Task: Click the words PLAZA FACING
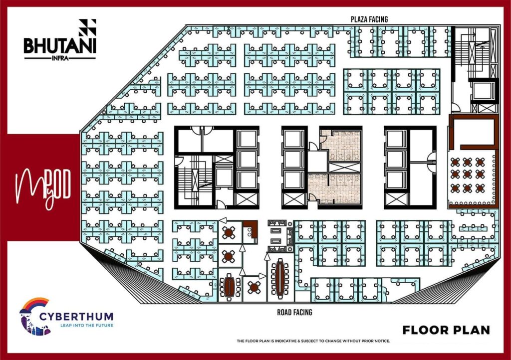(369, 19)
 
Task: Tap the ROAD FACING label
(294, 313)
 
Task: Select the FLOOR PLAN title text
(446, 330)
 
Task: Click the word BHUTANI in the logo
(60, 46)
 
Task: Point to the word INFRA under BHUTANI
(60, 59)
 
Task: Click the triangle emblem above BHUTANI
(87, 27)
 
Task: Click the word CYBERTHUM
(76, 317)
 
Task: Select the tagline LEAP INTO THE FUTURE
(87, 325)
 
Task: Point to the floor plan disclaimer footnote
(313, 341)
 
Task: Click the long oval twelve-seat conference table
(280, 278)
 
